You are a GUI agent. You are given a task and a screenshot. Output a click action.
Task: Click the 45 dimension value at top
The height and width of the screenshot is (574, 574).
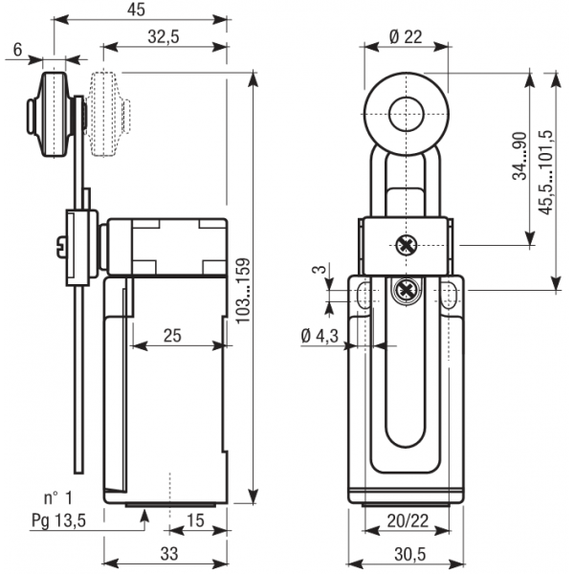pos(136,10)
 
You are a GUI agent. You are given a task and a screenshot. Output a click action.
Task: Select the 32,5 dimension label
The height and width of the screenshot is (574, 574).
pos(164,36)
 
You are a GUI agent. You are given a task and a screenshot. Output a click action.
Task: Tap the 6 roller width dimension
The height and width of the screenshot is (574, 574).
pos(17,50)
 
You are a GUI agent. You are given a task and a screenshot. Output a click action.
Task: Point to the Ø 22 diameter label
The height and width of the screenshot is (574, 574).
pos(406,36)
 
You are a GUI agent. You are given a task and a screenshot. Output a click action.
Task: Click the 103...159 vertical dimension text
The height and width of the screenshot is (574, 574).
pos(243,291)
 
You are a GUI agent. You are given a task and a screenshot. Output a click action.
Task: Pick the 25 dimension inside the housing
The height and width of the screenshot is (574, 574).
pos(172,336)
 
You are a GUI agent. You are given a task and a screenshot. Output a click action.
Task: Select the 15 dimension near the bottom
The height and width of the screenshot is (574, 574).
pos(195,520)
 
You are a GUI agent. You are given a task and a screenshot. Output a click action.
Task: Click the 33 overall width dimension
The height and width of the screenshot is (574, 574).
pos(169,554)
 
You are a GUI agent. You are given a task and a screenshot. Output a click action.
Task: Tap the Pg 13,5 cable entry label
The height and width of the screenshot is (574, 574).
pos(58,520)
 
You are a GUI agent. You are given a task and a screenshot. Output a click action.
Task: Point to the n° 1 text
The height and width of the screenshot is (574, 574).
pos(58,497)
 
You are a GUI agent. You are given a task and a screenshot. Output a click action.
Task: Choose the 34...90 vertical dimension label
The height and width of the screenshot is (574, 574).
pos(519,156)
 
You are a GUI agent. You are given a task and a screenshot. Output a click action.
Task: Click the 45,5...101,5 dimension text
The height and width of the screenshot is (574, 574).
pos(546,172)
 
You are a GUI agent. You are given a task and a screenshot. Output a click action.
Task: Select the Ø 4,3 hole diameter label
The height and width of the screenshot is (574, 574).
pos(320,336)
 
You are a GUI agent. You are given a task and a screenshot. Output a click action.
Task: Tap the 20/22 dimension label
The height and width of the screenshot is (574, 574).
pos(408,520)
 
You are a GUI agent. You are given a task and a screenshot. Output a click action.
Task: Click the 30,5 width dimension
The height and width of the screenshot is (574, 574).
pos(410,554)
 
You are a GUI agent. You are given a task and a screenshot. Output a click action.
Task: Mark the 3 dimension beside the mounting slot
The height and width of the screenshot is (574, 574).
pos(320,269)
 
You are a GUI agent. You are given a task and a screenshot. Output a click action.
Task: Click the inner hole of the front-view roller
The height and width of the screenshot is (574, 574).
pos(406,114)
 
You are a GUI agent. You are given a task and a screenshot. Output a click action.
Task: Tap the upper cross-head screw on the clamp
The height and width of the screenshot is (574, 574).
pos(407,245)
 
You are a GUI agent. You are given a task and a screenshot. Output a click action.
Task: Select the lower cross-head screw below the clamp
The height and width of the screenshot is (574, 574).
pos(407,291)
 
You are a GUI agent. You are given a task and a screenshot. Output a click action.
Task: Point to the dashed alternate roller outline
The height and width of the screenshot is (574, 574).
pos(109,114)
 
